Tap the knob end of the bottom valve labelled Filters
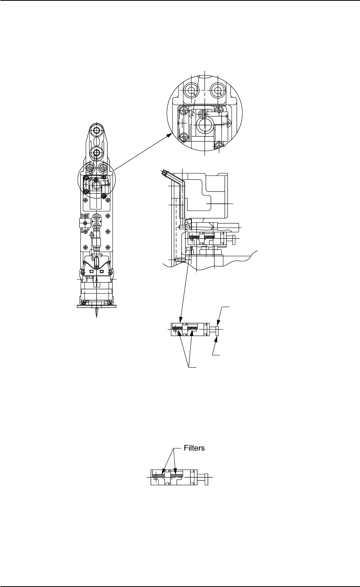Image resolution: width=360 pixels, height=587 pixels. coord(208,476)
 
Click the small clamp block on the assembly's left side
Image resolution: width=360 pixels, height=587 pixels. coord(82,224)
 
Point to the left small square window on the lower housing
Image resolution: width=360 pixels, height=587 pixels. coord(92,271)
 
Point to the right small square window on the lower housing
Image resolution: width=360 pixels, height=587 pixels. coord(101,271)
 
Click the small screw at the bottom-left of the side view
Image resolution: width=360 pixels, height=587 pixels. coord(177,259)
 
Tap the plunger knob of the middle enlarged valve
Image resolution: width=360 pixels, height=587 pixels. coord(217,331)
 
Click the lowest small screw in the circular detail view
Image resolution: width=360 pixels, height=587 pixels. coord(219,146)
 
